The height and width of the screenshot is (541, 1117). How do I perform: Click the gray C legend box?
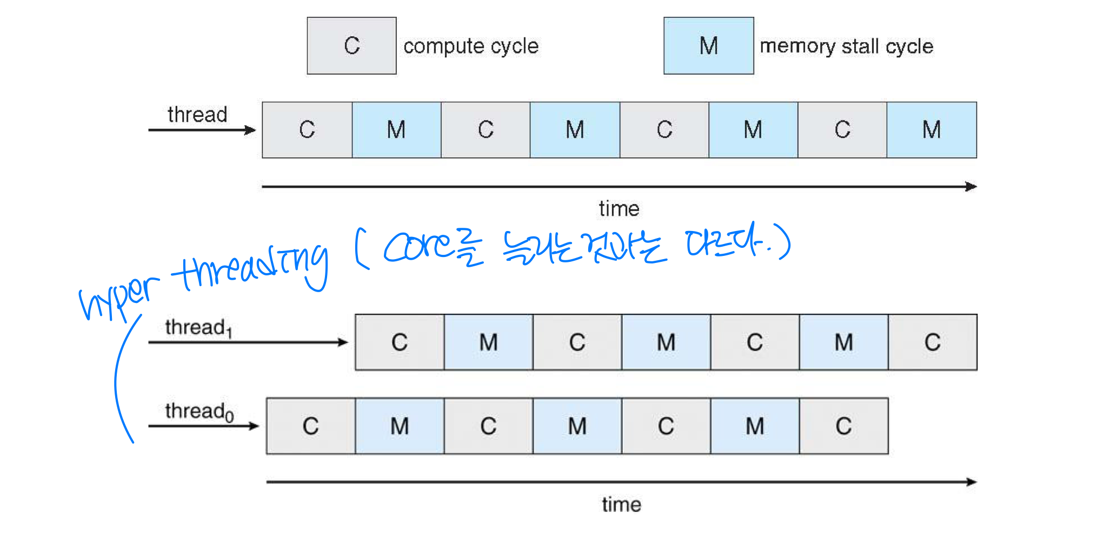pos(351,46)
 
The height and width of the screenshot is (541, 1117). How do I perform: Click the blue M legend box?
pos(708,46)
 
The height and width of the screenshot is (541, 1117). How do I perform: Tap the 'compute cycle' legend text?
pos(471,47)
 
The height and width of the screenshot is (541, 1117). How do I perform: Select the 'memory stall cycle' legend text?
pos(846,47)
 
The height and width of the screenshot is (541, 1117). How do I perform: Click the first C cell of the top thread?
pos(307,130)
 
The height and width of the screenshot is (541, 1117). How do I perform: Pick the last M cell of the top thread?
pos(932,130)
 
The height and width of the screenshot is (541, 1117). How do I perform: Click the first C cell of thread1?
pos(400,342)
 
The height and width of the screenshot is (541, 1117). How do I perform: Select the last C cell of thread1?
pos(933,342)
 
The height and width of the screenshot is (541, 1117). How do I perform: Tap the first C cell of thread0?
pos(311,426)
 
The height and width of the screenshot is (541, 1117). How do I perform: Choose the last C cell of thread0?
pos(843,426)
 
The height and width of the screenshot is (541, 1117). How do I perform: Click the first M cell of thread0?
pos(400,426)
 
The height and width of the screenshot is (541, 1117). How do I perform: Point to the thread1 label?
pos(198,328)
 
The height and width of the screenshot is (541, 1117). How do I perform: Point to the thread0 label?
pos(200,412)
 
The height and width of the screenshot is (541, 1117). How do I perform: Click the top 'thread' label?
pos(197,115)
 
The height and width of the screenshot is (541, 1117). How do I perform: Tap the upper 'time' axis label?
pos(619,209)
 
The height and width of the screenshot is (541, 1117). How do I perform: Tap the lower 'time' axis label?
pos(622,505)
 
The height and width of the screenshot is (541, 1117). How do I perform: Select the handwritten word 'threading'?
pos(251,268)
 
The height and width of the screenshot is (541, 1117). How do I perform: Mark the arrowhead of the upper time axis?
pos(972,187)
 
